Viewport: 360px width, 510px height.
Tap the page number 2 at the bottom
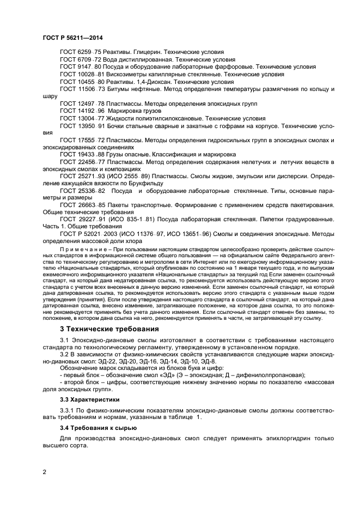click(x=44, y=473)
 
